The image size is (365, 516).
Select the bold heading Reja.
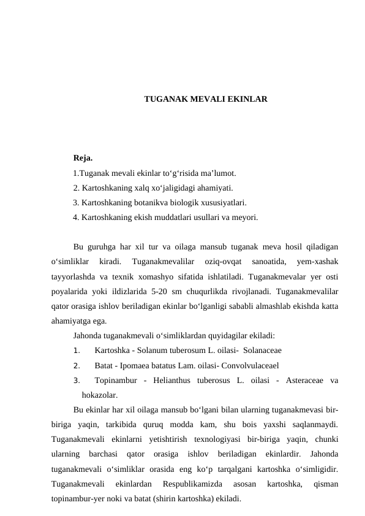pos(83,159)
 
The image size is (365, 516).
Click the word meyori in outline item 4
pos(244,217)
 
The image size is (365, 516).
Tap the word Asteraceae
pos(303,380)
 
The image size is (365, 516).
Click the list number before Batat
pos(76,365)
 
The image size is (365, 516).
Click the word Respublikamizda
pos(192,484)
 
